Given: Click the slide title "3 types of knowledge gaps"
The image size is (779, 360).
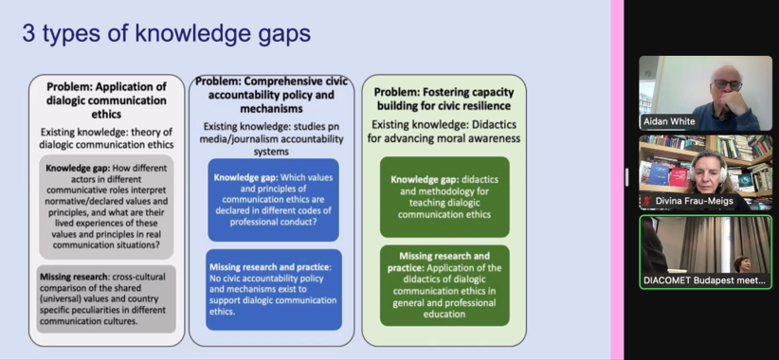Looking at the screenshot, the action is coord(167,34).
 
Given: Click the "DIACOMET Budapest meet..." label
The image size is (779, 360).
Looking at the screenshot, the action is coord(705,280).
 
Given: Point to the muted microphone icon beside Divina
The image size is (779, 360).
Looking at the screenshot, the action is coord(648,202).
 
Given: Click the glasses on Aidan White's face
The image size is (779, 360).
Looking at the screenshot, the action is coord(727,84).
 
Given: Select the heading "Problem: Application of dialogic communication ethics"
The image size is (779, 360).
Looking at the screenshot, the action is coord(106,100).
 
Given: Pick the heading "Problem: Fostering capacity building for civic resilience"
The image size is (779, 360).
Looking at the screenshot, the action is coord(444,99).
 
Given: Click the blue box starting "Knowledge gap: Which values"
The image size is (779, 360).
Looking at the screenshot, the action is coord(273,200).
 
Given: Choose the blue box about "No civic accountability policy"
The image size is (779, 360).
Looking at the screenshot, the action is coord(274,290).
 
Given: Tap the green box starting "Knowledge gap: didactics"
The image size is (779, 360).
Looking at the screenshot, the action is coord(444,197).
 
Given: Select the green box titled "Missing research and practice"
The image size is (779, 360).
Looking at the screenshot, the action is coord(444,285).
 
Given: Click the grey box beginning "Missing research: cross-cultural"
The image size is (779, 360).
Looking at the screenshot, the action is coord(106,299).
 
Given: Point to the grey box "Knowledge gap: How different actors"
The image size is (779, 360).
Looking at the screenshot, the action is coord(106,207).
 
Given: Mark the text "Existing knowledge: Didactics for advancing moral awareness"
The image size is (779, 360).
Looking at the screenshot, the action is coord(444,131).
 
